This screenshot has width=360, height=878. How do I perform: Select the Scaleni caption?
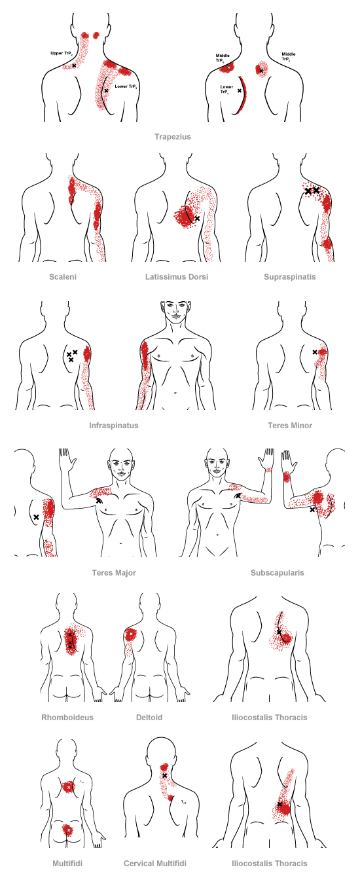pyautogui.click(x=63, y=277)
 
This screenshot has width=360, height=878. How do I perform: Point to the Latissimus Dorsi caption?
pyautogui.click(x=177, y=277)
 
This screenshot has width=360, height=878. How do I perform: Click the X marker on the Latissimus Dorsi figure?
pyautogui.click(x=197, y=218)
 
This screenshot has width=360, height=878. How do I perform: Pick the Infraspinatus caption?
pyautogui.click(x=113, y=425)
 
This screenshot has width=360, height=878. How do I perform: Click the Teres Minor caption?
pyautogui.click(x=290, y=425)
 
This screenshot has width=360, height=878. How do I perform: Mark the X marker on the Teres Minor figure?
pyautogui.click(x=315, y=352)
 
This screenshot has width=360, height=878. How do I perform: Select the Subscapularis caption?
pyautogui.click(x=277, y=572)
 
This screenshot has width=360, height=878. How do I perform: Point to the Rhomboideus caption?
pyautogui.click(x=67, y=717)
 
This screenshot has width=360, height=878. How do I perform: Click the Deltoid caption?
pyautogui.click(x=149, y=717)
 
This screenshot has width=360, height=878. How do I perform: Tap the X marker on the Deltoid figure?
pyautogui.click(x=130, y=633)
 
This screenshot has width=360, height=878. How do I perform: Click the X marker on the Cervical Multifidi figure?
pyautogui.click(x=165, y=776)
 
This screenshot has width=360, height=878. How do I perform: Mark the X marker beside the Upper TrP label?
pyautogui.click(x=75, y=65)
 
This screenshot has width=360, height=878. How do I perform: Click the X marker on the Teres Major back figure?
pyautogui.click(x=36, y=517)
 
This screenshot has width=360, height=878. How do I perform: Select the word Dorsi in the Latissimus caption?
pyautogui.click(x=198, y=277)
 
